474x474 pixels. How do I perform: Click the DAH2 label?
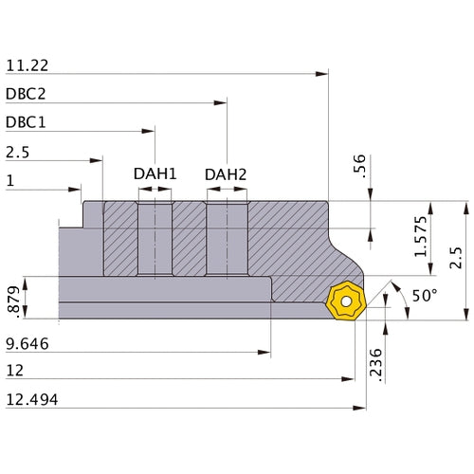tap(225, 173)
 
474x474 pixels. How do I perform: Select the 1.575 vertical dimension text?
tap(426, 237)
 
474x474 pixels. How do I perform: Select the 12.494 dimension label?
tap(31, 399)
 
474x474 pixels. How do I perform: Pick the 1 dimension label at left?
tap(9, 180)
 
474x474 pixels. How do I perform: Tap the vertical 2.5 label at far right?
tap(456, 258)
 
